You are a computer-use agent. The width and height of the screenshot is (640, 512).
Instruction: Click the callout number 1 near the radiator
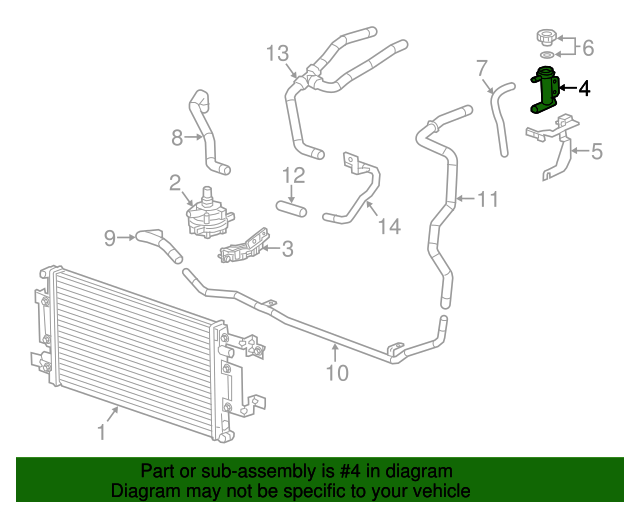pos(100,432)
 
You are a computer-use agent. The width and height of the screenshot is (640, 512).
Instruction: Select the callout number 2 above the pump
pos(174,182)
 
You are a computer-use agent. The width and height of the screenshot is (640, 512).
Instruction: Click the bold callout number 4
pos(584,89)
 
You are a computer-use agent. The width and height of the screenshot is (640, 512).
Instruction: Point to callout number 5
pos(596,152)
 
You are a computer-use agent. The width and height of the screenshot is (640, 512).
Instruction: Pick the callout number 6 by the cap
pos(587,47)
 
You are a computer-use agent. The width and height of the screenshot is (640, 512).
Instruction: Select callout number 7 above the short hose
pos(481,68)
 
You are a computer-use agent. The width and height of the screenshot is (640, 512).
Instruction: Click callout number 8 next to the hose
pos(176,137)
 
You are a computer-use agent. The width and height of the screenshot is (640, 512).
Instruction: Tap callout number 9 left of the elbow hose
pos(110,237)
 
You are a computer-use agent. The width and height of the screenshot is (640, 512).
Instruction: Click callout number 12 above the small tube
pos(292,176)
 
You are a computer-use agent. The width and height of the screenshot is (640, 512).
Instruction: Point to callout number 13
pos(277,53)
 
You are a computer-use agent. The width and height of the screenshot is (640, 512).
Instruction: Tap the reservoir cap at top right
pos(546,37)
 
